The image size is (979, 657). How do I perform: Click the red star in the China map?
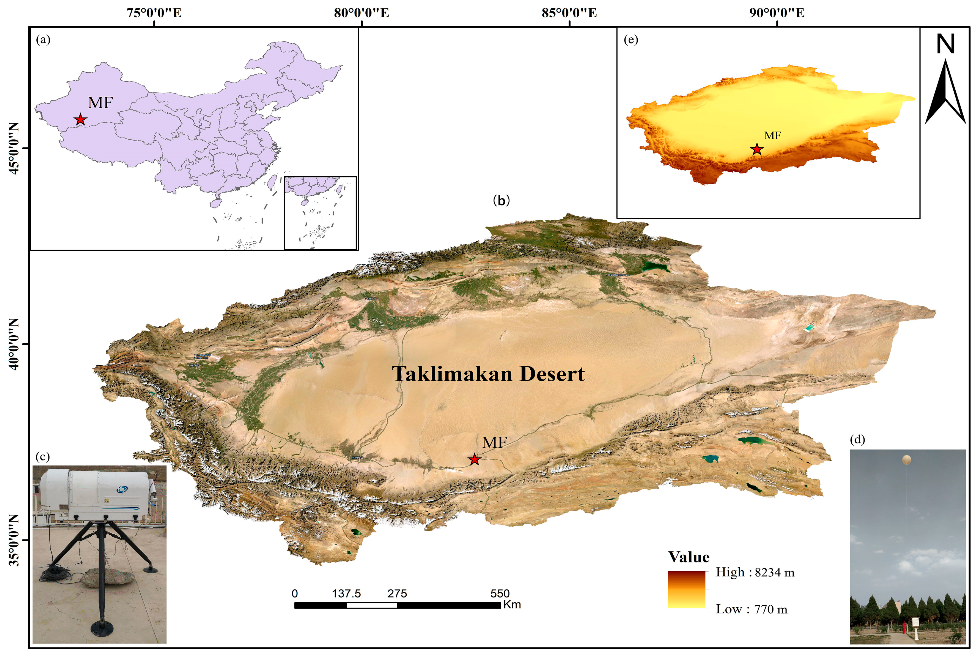click(80, 120)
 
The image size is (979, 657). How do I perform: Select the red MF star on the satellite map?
click(474, 460)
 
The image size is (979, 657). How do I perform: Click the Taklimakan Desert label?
click(488, 374)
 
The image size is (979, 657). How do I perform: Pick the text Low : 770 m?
click(751, 609)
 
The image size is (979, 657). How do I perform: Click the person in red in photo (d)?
click(904, 627)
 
